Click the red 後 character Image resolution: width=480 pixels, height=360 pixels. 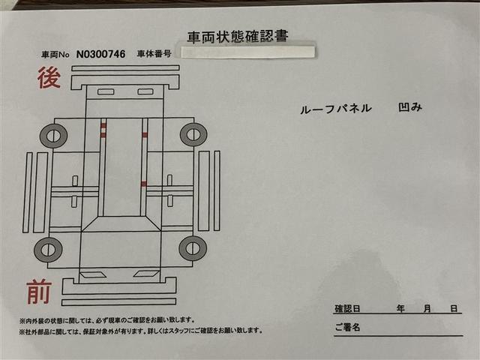tap(49, 78)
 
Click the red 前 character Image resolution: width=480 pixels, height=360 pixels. tap(39, 291)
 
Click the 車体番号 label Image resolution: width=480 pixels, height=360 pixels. tap(154, 54)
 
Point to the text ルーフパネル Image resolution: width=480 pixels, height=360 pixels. tap(335, 108)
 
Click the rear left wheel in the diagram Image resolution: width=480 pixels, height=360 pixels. tap(53, 136)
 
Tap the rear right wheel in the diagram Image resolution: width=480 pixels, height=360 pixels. tap(193, 135)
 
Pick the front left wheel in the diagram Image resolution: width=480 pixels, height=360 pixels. tap(48, 249)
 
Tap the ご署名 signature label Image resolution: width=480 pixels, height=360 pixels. tap(347, 328)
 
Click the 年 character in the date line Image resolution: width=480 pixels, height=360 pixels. tap(402, 309)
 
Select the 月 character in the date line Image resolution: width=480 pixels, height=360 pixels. tap(427, 309)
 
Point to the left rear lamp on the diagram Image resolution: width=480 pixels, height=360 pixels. tap(105, 92)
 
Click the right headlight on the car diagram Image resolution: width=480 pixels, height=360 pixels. tap(145, 274)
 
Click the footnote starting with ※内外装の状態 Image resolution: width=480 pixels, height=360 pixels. tap(107, 319)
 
